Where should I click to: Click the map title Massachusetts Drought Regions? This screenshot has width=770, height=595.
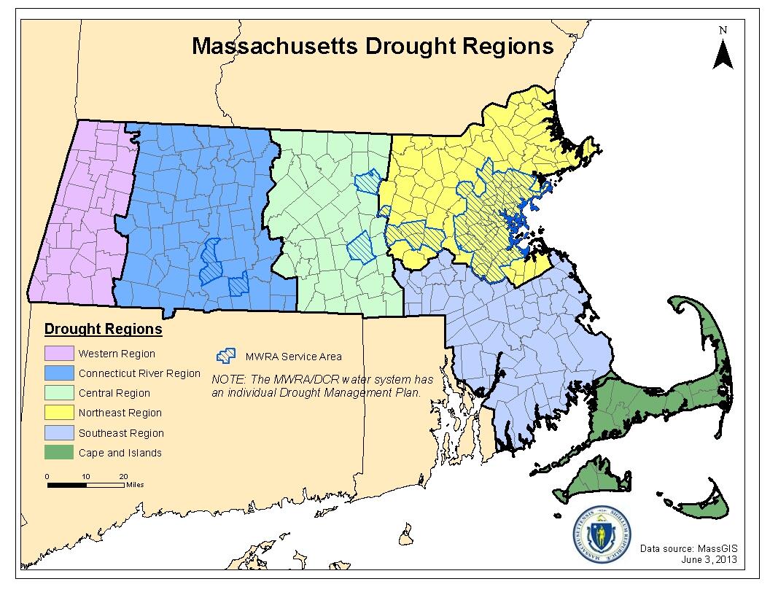tap(372, 46)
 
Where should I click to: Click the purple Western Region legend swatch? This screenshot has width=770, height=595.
tap(59, 354)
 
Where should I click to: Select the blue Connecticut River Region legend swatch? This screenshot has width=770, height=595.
tap(59, 373)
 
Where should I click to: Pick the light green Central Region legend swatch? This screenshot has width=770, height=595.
tap(59, 393)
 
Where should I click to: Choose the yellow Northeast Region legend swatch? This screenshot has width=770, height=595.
tap(59, 413)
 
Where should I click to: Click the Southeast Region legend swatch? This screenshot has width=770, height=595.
tap(59, 432)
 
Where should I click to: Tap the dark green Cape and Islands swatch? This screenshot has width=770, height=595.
tap(59, 452)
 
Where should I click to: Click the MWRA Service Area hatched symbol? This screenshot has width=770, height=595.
tap(226, 356)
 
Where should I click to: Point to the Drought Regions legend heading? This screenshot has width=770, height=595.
tap(103, 329)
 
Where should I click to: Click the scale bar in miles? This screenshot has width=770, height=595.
tap(85, 483)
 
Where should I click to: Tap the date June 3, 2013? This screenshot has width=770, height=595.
tap(709, 559)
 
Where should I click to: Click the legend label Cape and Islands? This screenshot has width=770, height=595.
tap(120, 453)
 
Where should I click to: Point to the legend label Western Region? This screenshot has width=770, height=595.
tap(117, 354)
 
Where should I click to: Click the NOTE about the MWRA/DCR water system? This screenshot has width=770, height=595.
tap(322, 386)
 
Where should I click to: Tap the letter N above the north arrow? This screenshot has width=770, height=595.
tap(723, 30)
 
